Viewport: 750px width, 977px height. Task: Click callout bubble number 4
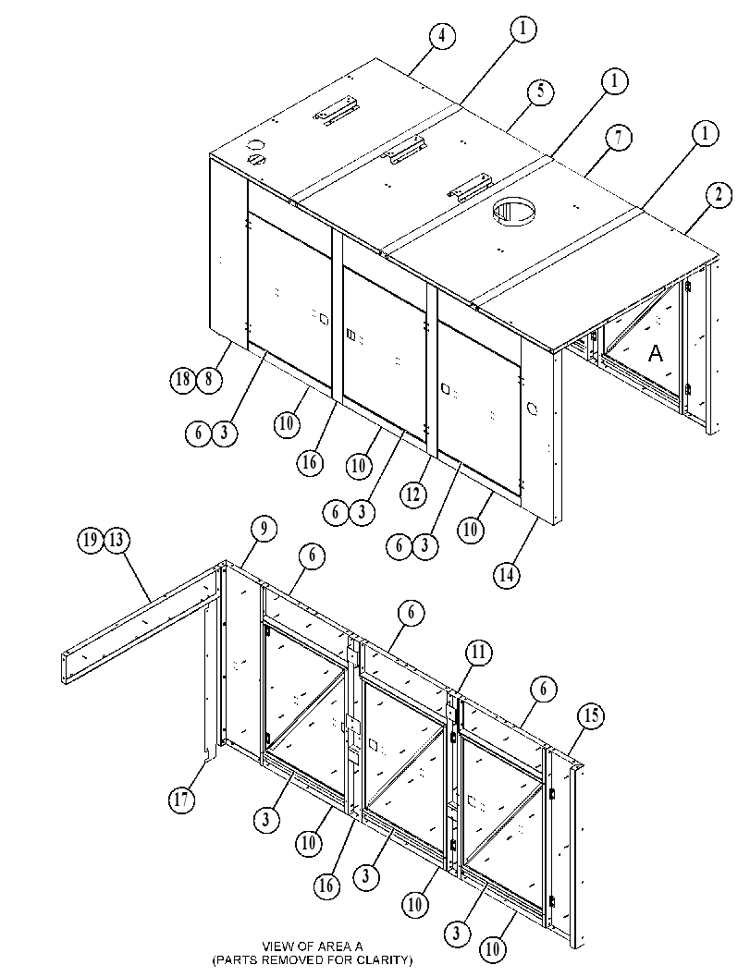(x=441, y=35)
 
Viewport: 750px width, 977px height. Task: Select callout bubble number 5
(x=540, y=91)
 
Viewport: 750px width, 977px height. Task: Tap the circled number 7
(x=618, y=138)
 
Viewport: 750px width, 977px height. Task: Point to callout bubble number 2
(x=719, y=196)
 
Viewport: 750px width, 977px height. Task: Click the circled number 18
(x=183, y=380)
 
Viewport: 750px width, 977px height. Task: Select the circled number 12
(x=412, y=495)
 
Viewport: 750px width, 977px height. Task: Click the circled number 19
(x=91, y=538)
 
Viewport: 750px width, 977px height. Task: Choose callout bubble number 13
(x=117, y=539)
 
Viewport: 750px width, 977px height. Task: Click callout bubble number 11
(x=478, y=653)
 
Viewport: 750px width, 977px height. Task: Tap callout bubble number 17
(x=181, y=799)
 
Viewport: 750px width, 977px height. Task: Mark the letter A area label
(x=656, y=354)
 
